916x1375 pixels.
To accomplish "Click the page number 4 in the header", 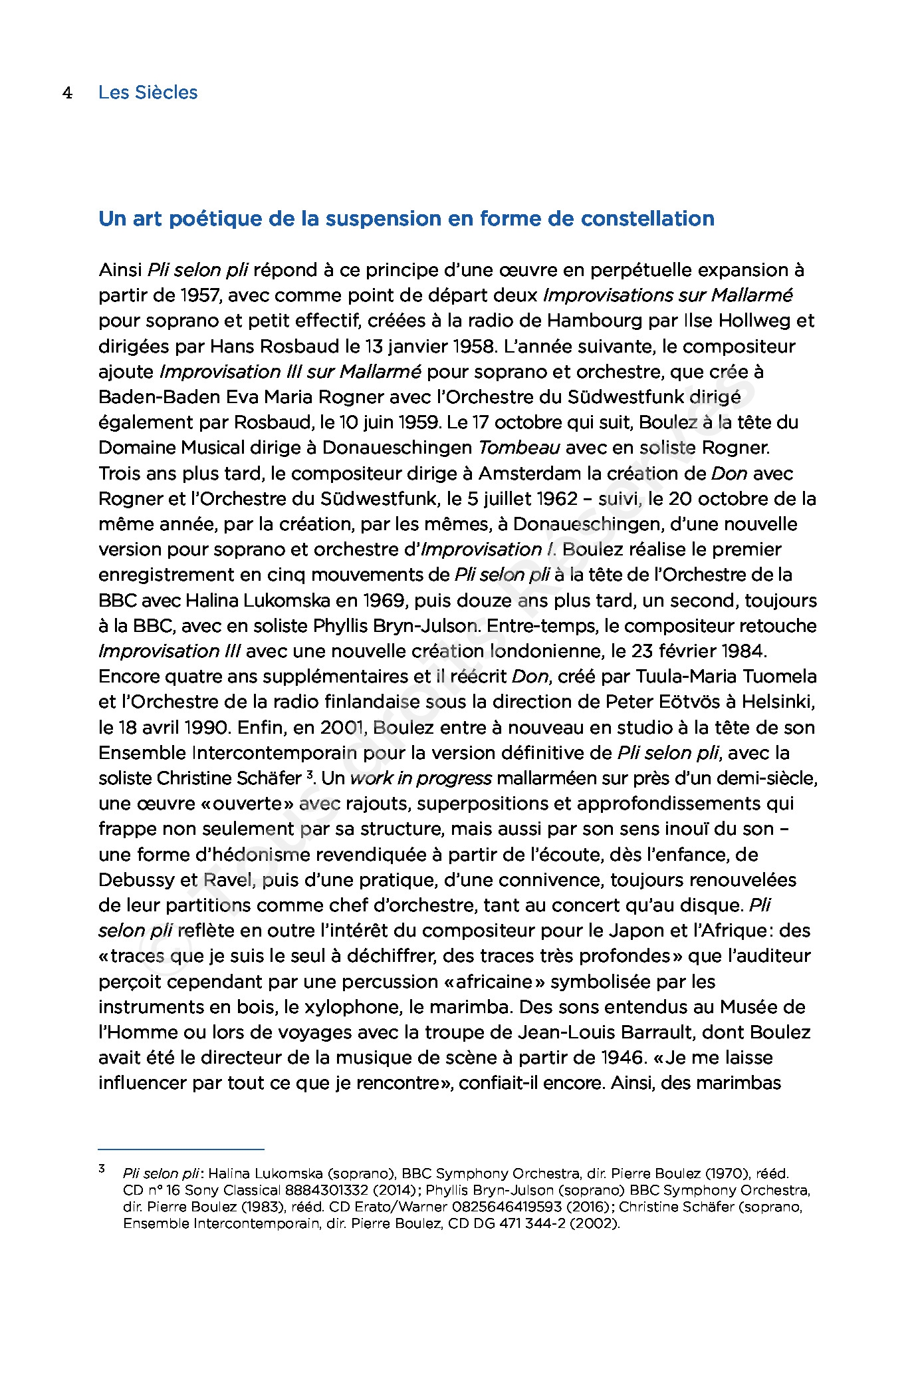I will tap(67, 92).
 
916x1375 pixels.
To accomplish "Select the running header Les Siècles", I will tap(148, 92).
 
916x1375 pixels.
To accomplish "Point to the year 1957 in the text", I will tap(192, 295).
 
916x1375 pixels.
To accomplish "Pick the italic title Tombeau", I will tap(518, 448).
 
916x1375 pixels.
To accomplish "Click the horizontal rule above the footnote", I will tap(181, 1149).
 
